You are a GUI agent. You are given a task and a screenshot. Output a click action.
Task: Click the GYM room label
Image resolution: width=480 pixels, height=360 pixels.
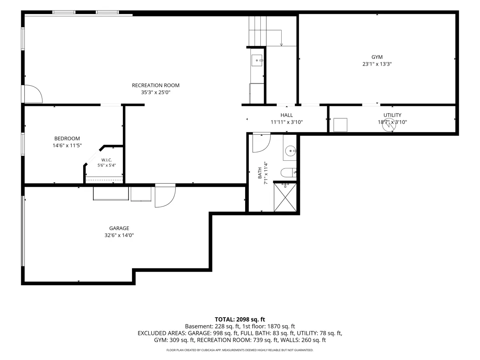(x=377, y=57)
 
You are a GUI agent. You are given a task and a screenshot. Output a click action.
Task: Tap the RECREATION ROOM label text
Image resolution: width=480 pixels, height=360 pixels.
(x=156, y=86)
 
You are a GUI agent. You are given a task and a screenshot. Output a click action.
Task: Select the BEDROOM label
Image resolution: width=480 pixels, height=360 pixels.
(x=67, y=138)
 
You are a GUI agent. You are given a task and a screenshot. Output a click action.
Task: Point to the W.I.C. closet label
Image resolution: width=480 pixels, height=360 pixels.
(x=106, y=160)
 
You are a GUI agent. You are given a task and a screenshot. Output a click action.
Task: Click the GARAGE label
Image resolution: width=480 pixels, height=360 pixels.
(x=119, y=228)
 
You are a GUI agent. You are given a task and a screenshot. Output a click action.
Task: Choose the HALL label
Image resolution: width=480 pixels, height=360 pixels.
(x=286, y=115)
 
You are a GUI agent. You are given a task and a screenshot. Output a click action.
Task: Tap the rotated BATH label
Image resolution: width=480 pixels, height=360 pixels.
(x=260, y=173)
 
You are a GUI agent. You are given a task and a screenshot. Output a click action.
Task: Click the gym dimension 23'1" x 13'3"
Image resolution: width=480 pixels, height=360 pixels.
(x=377, y=64)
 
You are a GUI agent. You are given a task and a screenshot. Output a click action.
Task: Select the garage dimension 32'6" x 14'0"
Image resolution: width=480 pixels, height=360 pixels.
(x=119, y=235)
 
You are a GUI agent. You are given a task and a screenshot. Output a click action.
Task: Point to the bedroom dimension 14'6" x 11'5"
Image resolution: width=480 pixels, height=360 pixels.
(x=67, y=146)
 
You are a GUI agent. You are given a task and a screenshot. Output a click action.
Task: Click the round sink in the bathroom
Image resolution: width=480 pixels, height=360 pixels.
(x=291, y=151)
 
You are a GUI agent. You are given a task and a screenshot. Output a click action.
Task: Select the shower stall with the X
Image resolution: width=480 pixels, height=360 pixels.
(x=285, y=197)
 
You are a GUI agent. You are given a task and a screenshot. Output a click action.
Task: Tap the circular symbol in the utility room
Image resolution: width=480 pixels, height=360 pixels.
(x=389, y=125)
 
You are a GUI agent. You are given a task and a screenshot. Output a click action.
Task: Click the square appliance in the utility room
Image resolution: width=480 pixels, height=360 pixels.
(x=340, y=125)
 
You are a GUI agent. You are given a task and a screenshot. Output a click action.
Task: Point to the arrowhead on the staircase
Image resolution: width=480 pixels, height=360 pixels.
(x=281, y=45)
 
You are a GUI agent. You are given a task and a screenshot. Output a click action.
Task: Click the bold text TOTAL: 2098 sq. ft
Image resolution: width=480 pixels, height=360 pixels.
(x=240, y=320)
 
